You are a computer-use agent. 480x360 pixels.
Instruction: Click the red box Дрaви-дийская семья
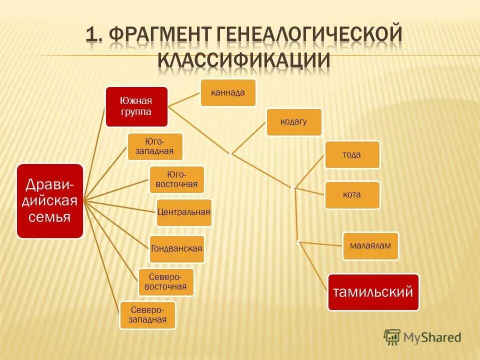tap(50, 200)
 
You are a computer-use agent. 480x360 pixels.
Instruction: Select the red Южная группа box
tap(136, 106)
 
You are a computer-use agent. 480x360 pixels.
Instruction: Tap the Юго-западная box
tap(154, 146)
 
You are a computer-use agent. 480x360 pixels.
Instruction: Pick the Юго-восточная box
tap(177, 179)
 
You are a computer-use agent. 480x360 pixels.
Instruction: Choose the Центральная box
tap(183, 212)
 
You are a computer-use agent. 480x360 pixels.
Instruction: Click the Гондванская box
tap(177, 249)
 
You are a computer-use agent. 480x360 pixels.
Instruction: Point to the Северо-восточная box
tap(165, 282)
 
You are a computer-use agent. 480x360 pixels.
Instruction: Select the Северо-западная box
tap(147, 315)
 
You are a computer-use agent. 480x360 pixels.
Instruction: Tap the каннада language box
tap(228, 92)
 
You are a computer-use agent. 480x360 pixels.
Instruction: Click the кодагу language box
tap(293, 122)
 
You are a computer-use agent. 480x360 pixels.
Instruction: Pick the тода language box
tap(352, 154)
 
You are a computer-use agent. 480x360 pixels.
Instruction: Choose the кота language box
tap(352, 194)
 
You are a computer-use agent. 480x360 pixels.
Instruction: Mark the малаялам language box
tap(370, 245)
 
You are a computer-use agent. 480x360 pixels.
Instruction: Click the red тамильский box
tap(373, 291)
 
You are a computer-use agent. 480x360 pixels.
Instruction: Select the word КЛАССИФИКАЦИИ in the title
tap(244, 59)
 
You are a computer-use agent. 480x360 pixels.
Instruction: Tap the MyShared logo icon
tap(392, 337)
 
